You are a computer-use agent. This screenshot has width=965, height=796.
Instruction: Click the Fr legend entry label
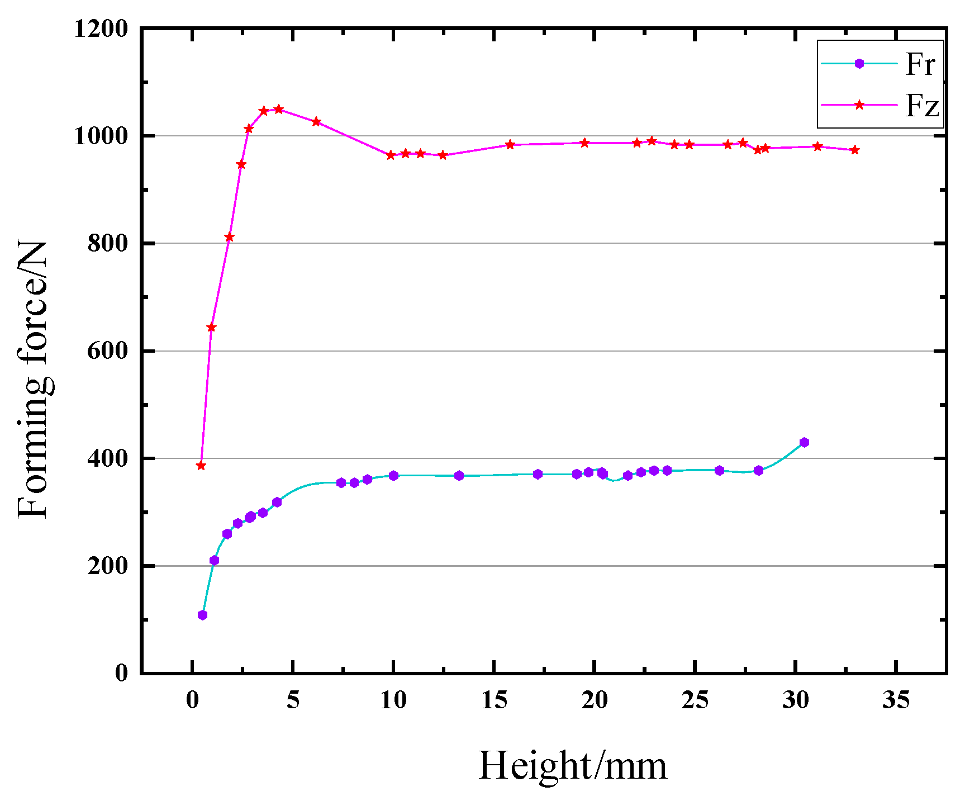[x=920, y=64]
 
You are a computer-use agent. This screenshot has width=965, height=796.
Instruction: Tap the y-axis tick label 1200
[x=101, y=29]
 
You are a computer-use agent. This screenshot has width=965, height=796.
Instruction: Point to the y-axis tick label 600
[x=107, y=351]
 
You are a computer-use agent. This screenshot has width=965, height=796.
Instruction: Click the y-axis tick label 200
[x=107, y=566]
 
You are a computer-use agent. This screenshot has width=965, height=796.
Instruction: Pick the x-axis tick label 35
[x=896, y=700]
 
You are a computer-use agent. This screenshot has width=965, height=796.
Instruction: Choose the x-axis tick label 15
[x=494, y=700]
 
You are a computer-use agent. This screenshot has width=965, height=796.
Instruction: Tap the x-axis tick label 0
[x=192, y=700]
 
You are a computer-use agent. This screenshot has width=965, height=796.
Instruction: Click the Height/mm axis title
[x=573, y=766]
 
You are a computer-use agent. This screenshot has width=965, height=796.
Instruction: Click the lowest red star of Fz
[x=201, y=466]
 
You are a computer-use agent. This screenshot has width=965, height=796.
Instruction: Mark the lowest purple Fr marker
[x=202, y=615]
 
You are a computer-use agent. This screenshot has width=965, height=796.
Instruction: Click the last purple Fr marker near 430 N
[x=804, y=442]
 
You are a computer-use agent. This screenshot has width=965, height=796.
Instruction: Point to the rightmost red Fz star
[x=854, y=150]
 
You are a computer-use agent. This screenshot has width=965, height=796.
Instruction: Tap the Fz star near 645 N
[x=211, y=328]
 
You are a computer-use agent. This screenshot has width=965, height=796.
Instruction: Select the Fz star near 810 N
[x=229, y=237]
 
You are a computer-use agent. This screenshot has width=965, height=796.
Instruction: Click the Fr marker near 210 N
[x=214, y=561]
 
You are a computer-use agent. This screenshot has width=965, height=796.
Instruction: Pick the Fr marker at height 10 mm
[x=393, y=476]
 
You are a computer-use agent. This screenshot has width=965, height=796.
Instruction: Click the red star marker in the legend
[x=859, y=105]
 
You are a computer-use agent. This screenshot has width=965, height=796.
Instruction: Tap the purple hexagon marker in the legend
[x=859, y=64]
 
